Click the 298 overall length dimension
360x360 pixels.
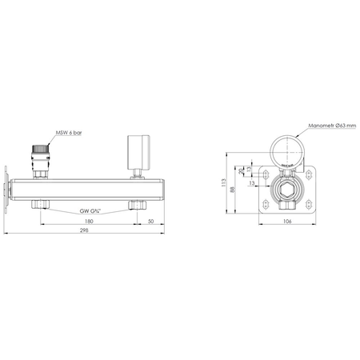click(85, 233)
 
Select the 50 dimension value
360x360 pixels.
click(151, 220)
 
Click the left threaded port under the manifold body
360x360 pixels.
click(41, 206)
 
